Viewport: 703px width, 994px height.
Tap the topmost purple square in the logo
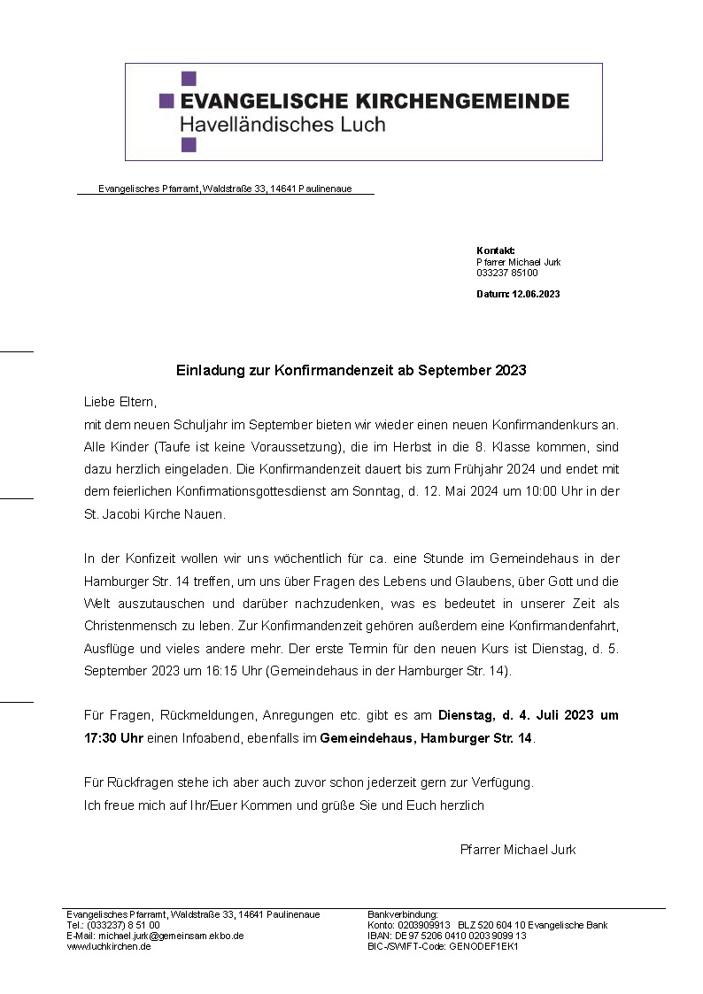(189, 79)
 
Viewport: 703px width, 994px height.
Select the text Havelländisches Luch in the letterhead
(282, 124)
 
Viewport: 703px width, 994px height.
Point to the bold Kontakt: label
(495, 250)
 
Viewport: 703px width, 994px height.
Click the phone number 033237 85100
(506, 274)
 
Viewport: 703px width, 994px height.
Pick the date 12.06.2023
(536, 294)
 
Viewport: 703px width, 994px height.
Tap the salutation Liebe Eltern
(119, 402)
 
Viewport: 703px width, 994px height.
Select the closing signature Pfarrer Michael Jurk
(518, 850)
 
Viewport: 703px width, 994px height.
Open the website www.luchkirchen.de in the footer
(109, 946)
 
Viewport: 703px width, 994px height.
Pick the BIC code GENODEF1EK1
(484, 946)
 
